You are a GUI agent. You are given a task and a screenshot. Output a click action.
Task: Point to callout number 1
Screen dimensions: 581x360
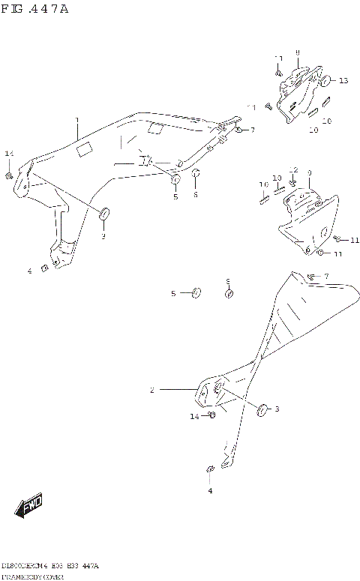[76, 120]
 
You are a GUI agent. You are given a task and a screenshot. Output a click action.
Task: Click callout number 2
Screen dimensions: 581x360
[151, 390]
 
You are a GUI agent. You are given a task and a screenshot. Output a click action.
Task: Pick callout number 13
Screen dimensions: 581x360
[343, 80]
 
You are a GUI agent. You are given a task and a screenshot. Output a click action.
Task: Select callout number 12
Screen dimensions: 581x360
[294, 169]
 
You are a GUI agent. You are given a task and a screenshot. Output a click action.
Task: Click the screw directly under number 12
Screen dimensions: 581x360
[292, 183]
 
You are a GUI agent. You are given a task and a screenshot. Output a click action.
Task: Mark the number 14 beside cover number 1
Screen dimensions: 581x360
[9, 154]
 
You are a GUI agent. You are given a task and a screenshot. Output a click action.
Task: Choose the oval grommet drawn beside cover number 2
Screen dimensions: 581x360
[262, 409]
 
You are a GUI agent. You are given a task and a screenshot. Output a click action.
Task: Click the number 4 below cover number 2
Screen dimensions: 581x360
[210, 490]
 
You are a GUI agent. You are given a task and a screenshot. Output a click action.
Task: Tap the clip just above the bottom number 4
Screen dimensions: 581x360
[210, 470]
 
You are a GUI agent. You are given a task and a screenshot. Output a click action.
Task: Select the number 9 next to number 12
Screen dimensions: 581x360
[308, 173]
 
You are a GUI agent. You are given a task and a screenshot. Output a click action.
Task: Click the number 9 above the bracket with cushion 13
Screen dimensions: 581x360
[298, 52]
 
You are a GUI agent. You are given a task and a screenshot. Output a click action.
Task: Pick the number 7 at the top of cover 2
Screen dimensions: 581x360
[326, 277]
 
